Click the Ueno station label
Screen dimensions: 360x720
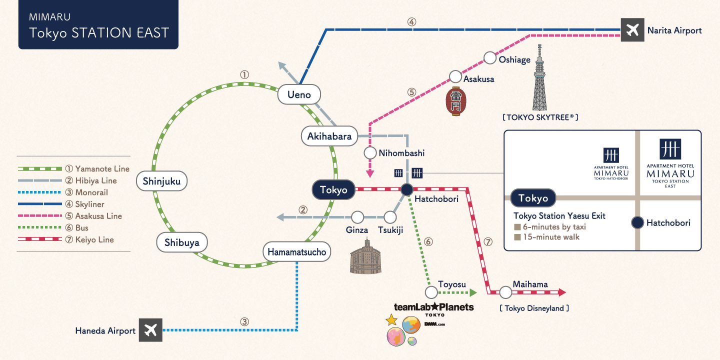point(299,94)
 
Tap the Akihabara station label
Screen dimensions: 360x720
point(329,136)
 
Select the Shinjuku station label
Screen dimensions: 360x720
point(161,181)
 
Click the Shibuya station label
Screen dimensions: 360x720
point(181,243)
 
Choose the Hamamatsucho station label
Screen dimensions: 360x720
point(297,251)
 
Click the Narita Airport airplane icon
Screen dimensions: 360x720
point(632,30)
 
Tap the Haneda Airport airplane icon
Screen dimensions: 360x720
point(150,330)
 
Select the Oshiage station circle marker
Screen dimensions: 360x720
point(490,57)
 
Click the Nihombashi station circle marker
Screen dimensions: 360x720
point(370,152)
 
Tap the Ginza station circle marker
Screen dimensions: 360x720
point(357,217)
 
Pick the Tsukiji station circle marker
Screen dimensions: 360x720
point(390,217)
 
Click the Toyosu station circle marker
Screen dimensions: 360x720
point(431,292)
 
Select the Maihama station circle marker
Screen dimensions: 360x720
point(505,292)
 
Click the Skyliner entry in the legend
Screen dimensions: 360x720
point(90,204)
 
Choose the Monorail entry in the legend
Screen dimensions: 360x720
point(91,192)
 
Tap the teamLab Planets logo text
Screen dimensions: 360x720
point(433,307)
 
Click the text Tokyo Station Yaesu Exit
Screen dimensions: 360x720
point(559,216)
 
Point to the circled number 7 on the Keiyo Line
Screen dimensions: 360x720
point(488,242)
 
